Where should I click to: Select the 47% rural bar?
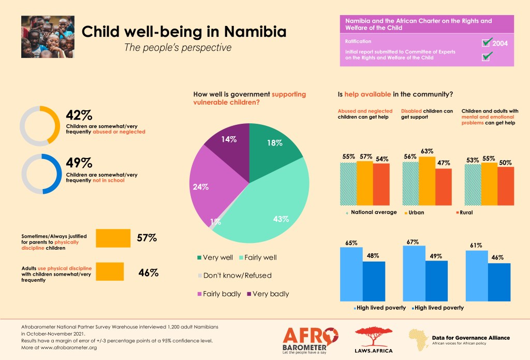pyautogui.click(x=444, y=186)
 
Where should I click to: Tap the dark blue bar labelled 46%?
pyautogui.click(x=499, y=282)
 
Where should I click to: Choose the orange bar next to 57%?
pyautogui.click(x=113, y=238)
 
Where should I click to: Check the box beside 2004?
pyautogui.click(x=487, y=42)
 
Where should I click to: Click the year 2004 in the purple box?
pyautogui.click(x=500, y=44)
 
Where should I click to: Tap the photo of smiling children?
pyautogui.click(x=48, y=37)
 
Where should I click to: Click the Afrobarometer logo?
pyautogui.click(x=311, y=338)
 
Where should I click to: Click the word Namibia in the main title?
pyautogui.click(x=251, y=32)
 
